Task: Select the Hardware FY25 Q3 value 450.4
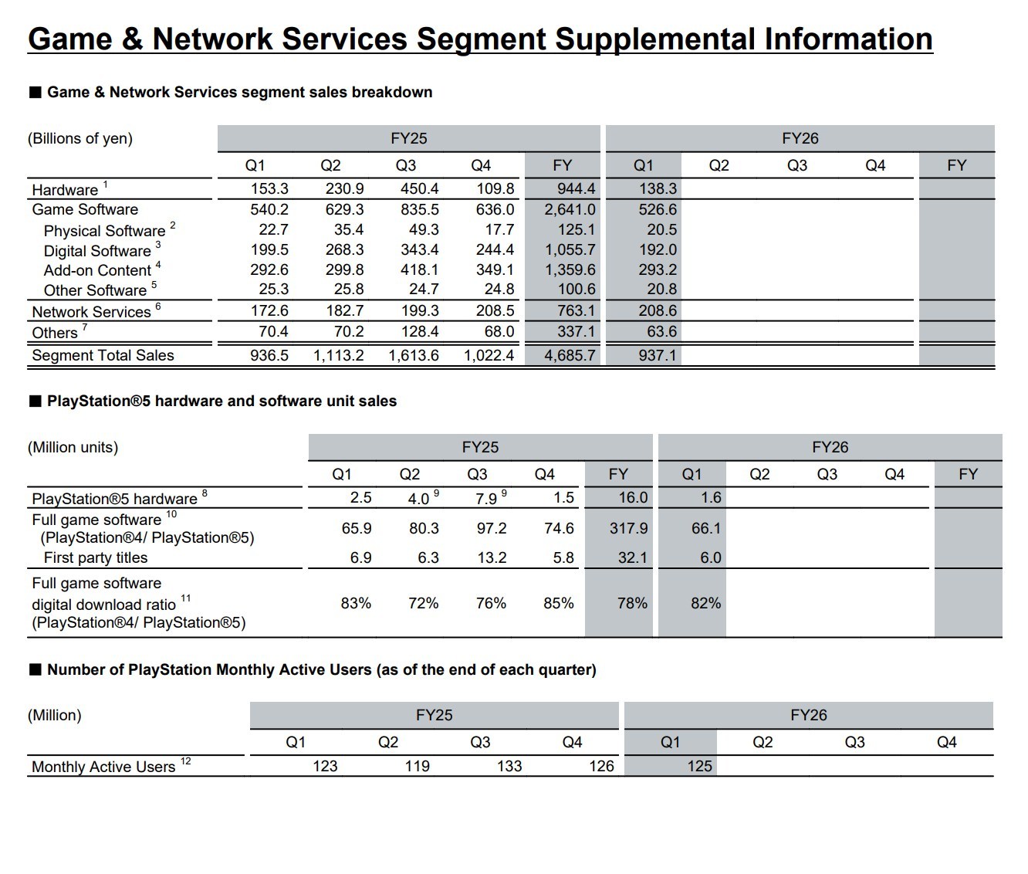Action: click(x=419, y=188)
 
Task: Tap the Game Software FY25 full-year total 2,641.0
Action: click(x=570, y=209)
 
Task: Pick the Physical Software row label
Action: click(x=104, y=231)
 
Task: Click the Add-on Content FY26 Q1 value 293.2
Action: click(x=658, y=269)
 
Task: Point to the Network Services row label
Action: click(x=92, y=311)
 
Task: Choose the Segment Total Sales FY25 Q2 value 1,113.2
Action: click(x=338, y=355)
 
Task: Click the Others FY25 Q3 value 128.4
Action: click(x=419, y=331)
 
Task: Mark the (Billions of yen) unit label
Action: click(x=80, y=138)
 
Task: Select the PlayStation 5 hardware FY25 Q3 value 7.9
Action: click(x=486, y=498)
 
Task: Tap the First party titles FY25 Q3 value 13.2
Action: click(x=492, y=557)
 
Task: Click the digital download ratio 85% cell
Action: click(x=558, y=603)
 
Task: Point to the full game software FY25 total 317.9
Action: click(x=629, y=528)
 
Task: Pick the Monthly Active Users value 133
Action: click(x=509, y=766)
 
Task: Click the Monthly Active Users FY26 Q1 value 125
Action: click(x=699, y=766)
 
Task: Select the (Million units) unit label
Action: click(x=73, y=447)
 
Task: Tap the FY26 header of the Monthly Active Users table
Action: click(x=809, y=715)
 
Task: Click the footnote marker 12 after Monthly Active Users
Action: click(x=185, y=761)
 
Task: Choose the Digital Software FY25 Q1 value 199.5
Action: click(x=269, y=249)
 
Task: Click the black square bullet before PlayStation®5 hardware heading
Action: click(x=36, y=401)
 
